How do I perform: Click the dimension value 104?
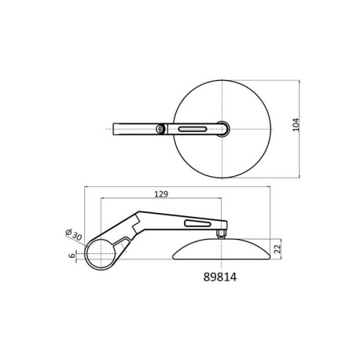(x=296, y=125)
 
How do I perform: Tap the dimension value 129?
(x=161, y=194)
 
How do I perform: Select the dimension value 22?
(x=277, y=248)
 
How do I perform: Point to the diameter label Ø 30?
(x=74, y=235)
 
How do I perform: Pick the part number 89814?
(x=220, y=277)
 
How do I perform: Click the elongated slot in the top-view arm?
(x=193, y=129)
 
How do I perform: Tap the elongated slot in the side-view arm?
(x=197, y=223)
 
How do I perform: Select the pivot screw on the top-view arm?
(x=160, y=129)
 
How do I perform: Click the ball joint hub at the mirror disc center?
(x=222, y=129)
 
